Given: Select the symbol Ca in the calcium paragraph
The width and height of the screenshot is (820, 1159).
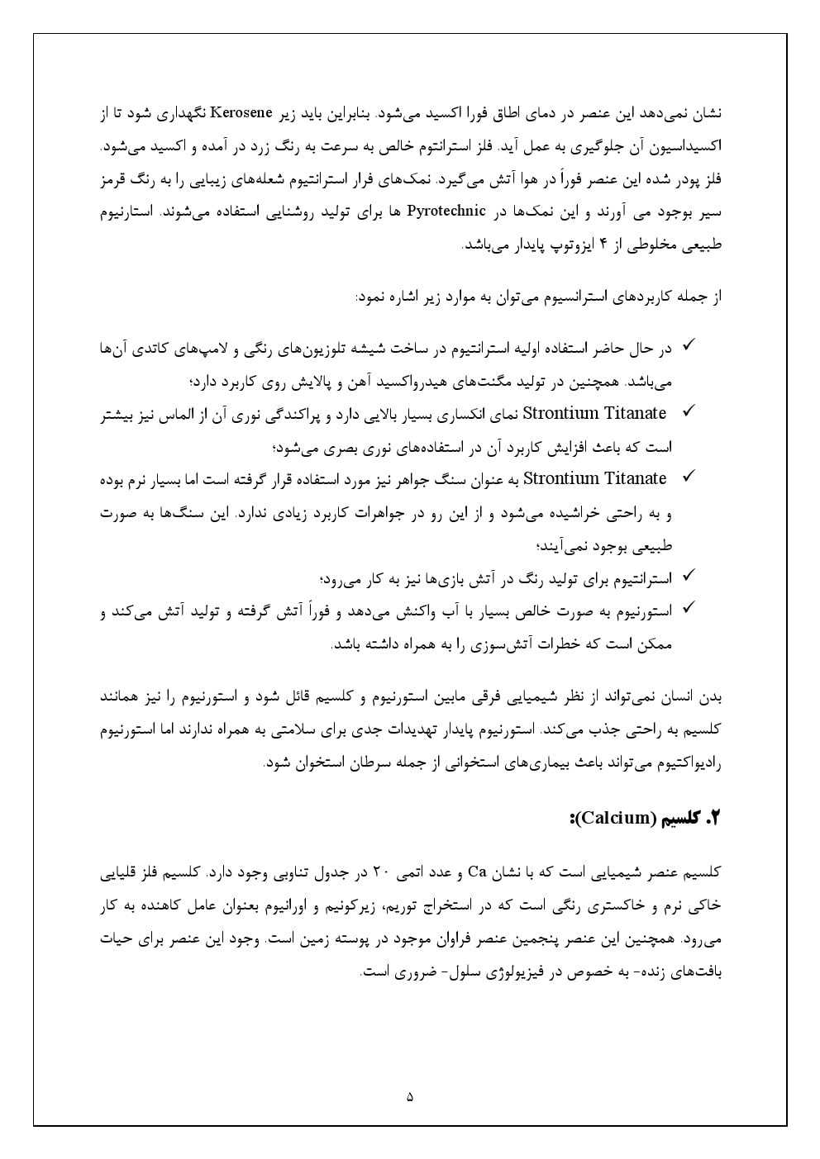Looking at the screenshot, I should pos(476,872).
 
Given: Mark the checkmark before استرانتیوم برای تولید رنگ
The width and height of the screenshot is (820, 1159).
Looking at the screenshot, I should pos(688,576).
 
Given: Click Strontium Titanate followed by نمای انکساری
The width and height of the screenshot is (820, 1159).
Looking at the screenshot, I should pos(594,413).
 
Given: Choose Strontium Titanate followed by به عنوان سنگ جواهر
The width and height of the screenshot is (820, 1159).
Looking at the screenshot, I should pos(594,478).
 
